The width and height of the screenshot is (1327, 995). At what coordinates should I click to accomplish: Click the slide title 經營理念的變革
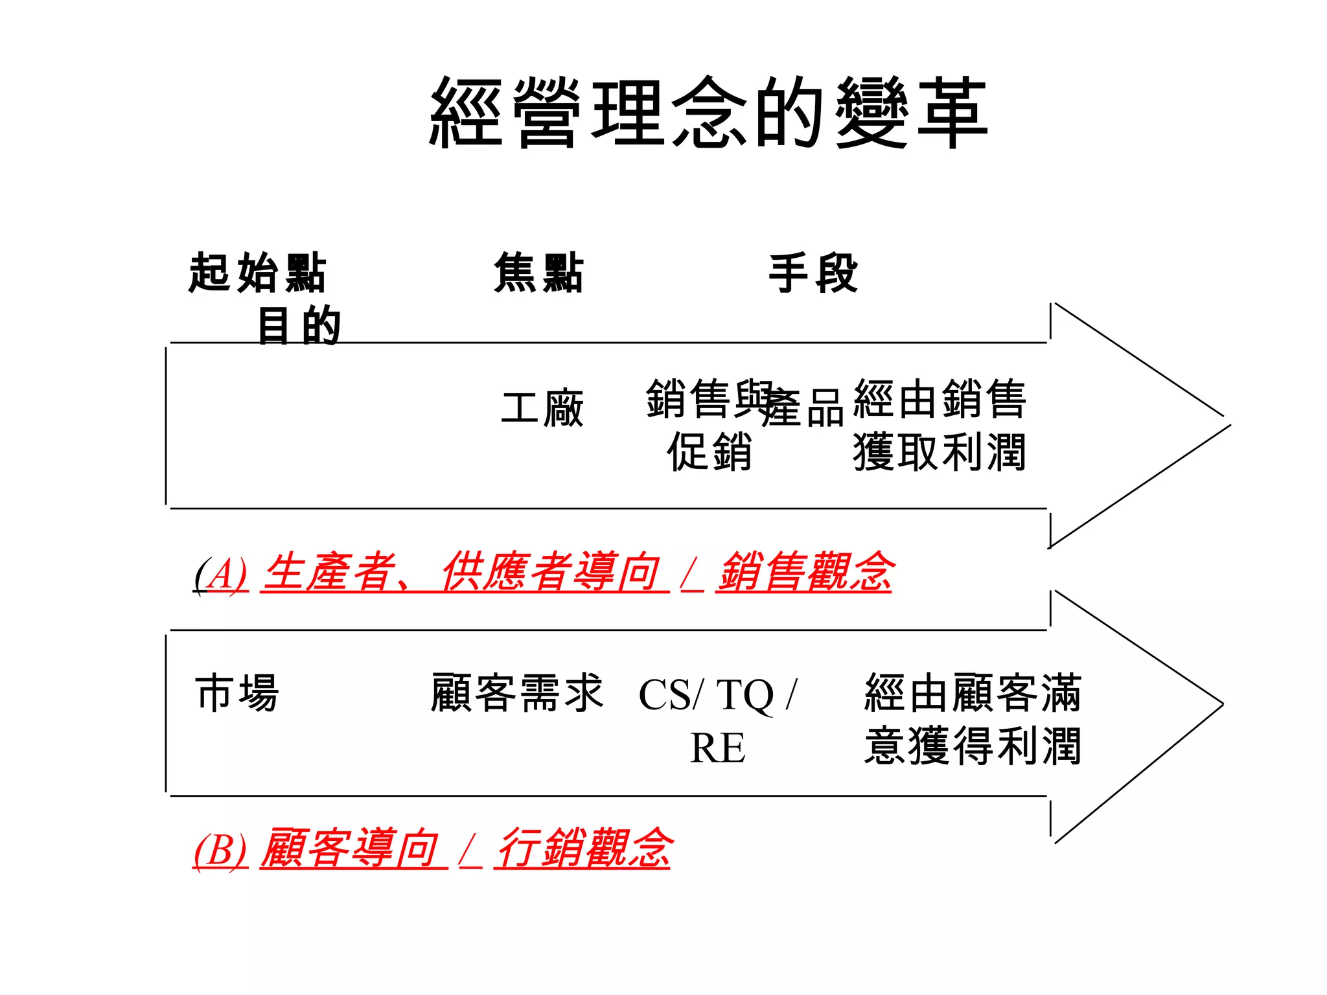[708, 112]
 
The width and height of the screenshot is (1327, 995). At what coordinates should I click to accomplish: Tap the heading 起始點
[257, 273]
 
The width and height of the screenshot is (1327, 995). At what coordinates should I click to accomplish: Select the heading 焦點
[538, 273]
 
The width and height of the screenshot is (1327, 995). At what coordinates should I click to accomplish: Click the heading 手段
[813, 273]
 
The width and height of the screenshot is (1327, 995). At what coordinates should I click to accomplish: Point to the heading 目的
[299, 325]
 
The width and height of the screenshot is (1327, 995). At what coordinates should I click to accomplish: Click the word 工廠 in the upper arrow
[542, 409]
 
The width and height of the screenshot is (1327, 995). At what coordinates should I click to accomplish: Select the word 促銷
[710, 452]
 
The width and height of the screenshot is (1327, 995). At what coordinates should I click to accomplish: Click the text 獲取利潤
[939, 452]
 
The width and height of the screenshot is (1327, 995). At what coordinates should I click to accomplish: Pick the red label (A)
[221, 574]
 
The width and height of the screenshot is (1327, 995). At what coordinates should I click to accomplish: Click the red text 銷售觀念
[804, 573]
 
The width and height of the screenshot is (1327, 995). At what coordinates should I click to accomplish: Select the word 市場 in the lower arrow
[237, 692]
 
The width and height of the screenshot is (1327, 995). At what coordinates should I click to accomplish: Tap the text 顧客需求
[516, 692]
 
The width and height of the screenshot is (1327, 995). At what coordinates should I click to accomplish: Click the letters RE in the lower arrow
[717, 748]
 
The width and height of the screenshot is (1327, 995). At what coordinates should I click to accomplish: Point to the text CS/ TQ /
[717, 695]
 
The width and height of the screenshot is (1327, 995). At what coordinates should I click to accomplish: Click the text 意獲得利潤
[973, 746]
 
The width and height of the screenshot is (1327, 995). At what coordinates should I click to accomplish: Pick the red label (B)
[220, 849]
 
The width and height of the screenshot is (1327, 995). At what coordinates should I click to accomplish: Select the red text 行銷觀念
[583, 848]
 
